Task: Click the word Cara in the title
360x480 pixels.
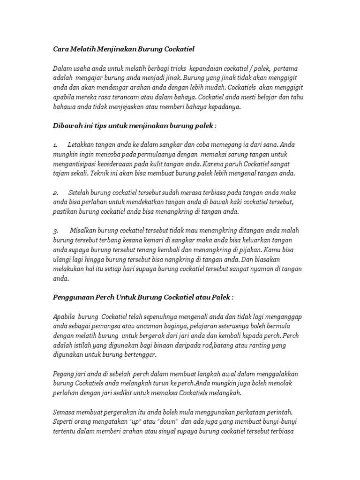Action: pos(60,49)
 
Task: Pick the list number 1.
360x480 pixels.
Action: pos(55,145)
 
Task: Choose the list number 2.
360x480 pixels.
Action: pos(55,193)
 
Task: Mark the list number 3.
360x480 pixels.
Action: pos(55,231)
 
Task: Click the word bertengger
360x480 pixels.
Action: pos(137,354)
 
